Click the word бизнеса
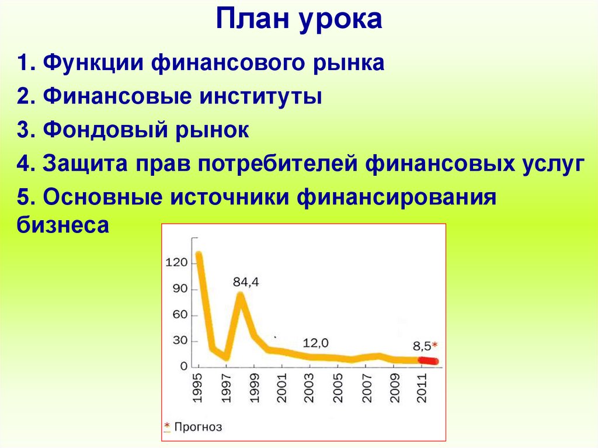coord(63,225)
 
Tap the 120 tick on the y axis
coord(176,263)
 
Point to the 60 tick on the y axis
coord(180,315)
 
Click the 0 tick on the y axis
coord(183,366)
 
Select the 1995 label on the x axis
coord(198,387)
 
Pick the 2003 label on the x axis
coord(309,387)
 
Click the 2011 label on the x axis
coord(420,387)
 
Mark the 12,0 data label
coord(315,342)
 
